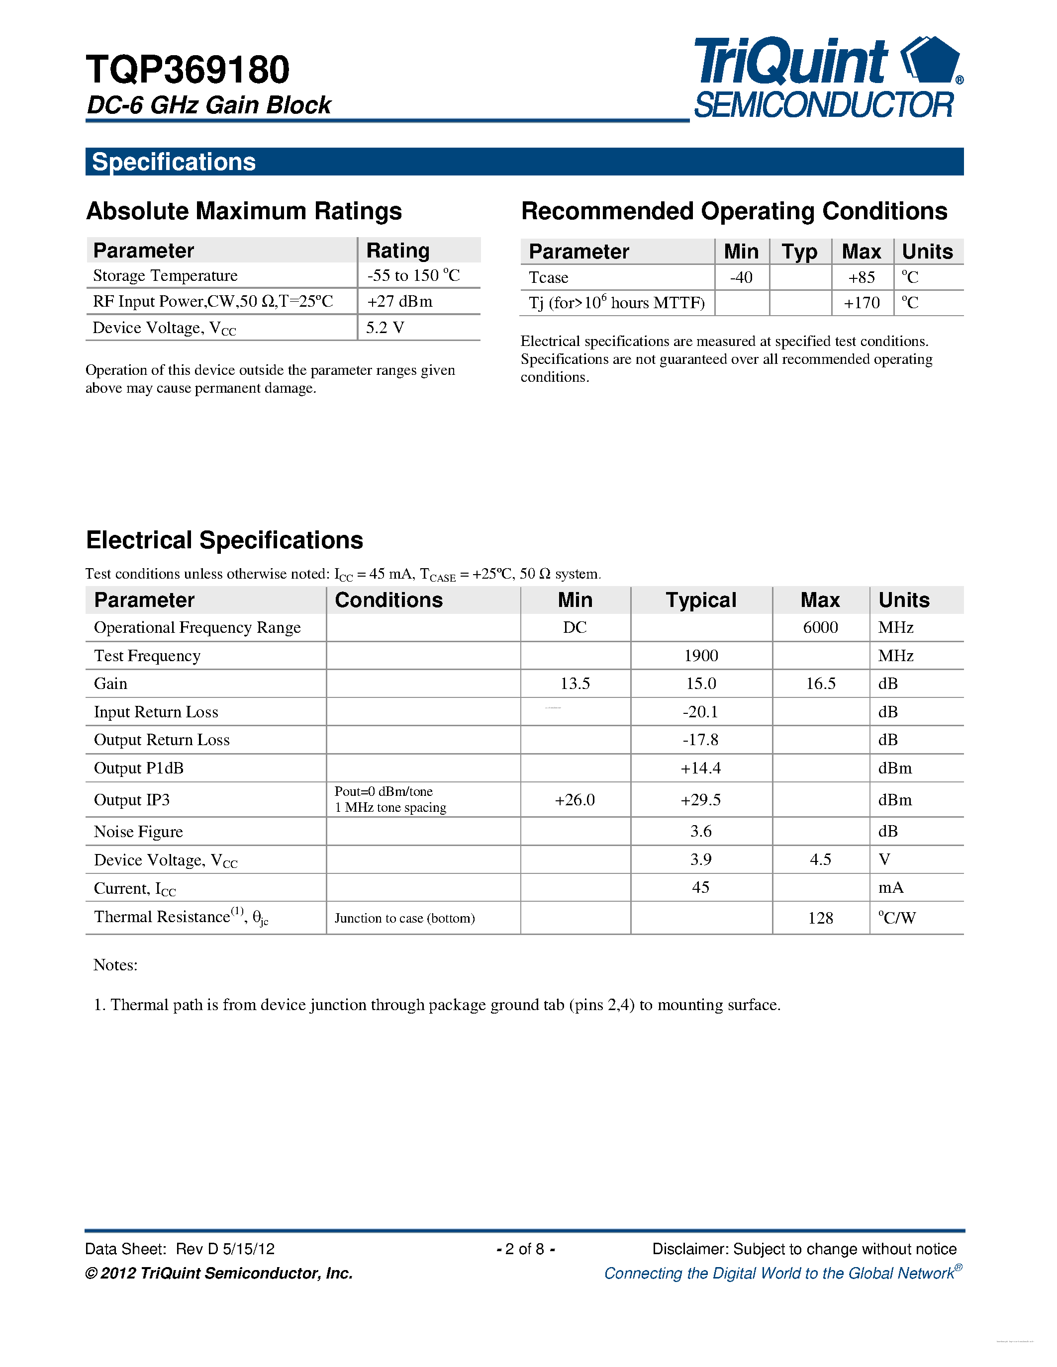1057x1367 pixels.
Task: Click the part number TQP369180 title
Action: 188,70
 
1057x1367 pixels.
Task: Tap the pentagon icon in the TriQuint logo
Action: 932,60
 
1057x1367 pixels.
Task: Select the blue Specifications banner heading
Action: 174,162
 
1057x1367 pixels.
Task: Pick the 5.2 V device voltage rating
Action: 384,328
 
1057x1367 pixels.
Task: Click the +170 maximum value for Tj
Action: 861,303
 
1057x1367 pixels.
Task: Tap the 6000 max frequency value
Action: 820,628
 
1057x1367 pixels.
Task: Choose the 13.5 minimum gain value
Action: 575,683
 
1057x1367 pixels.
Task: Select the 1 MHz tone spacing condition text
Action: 390,807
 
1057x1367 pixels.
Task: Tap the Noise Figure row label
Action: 138,832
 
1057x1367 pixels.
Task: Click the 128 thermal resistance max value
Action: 820,918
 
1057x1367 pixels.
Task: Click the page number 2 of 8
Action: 525,1249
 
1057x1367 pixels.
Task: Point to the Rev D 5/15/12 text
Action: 225,1249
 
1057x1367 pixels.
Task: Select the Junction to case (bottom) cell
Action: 404,918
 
